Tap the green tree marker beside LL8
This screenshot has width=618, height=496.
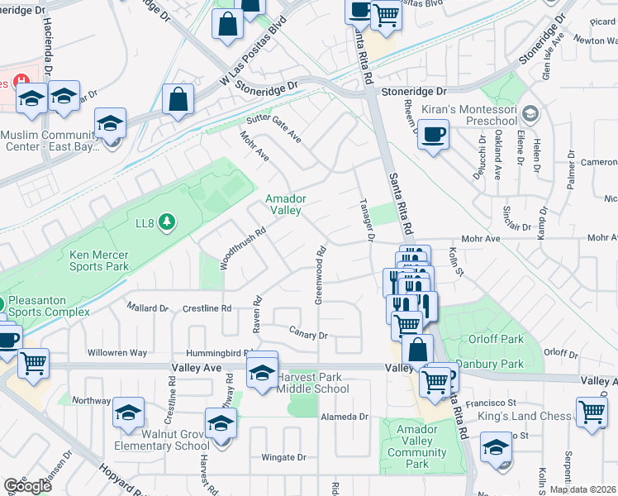point(167,221)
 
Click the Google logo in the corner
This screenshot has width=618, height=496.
point(27,486)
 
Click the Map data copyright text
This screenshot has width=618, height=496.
point(582,489)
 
